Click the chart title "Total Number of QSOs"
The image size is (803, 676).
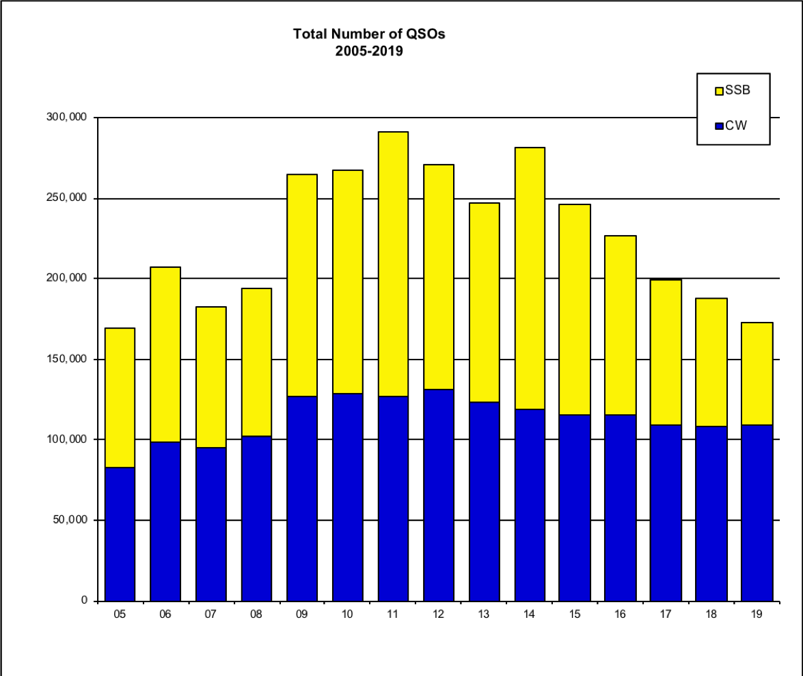click(369, 33)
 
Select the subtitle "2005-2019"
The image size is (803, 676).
click(369, 50)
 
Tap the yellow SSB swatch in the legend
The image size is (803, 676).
click(719, 91)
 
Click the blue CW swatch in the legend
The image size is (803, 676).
click(719, 126)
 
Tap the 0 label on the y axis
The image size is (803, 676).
click(85, 601)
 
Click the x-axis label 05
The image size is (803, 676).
click(120, 614)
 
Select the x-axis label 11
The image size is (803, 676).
click(392, 614)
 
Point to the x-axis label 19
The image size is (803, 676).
click(757, 614)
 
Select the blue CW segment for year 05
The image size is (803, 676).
click(120, 534)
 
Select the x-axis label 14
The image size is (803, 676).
click(529, 614)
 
